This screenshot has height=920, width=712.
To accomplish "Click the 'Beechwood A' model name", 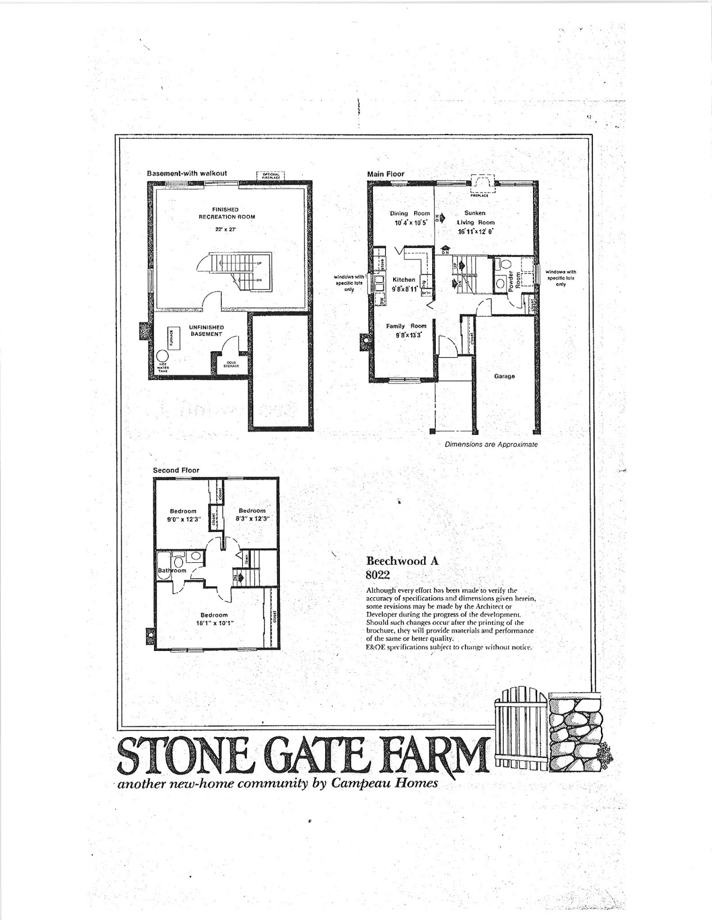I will pos(402,561).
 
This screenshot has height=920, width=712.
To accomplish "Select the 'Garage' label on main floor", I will pos(504,377).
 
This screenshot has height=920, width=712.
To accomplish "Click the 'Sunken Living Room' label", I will pos(475,217).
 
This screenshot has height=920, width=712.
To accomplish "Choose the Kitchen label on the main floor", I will pos(403,279).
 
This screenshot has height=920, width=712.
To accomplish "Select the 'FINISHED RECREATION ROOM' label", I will pos(226,213).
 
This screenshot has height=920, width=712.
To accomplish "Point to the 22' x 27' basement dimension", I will pos(226,229).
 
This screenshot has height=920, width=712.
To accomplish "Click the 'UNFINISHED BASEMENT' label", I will pos(206,331).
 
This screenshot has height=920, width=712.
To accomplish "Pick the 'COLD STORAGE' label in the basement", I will pos(231,364).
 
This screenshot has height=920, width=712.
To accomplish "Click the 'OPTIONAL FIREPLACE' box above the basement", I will pos(271,176).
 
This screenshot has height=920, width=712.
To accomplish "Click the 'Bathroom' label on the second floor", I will pos(172,570).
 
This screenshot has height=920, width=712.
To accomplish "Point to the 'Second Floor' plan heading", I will pos(176,470).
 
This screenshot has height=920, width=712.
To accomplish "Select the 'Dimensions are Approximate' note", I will pos(491,444).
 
